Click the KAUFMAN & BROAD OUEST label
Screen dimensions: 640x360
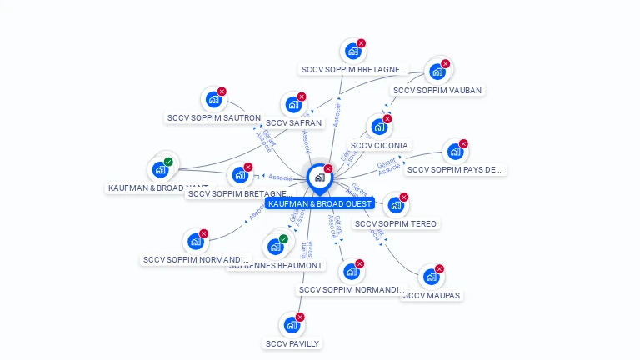320,203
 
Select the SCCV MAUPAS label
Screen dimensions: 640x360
432,295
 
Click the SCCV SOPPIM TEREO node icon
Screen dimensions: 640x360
395,205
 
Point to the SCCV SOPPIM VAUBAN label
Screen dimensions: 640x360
437,90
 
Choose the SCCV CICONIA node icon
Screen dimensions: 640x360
379,127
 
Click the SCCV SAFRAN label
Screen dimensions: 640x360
293,122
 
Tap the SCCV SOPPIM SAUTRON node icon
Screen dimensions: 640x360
213,100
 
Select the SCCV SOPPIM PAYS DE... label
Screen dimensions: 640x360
455,169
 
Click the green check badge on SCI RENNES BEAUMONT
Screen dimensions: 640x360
283,239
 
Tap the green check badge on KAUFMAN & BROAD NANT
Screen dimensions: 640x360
168,162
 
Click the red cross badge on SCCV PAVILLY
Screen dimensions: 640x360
300,317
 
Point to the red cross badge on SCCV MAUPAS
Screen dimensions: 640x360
439,268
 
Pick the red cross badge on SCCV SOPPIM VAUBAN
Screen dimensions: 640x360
445,63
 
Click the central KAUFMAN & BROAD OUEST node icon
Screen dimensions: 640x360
319,177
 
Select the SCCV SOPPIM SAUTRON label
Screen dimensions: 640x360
213,118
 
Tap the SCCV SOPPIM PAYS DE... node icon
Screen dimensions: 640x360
454,152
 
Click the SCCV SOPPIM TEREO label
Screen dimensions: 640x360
395,223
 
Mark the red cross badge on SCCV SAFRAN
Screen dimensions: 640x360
301,97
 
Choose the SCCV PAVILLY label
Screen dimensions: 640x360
292,343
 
